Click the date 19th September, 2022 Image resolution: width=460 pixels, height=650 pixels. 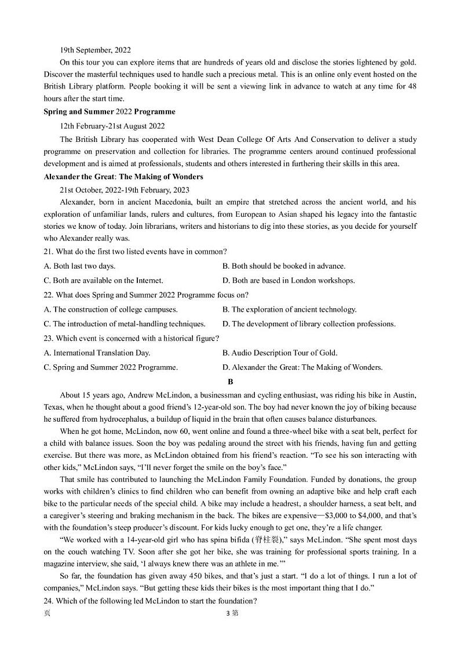[96, 50]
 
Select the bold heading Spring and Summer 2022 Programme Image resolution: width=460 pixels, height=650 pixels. [109, 111]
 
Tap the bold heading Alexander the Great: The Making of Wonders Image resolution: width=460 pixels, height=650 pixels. [123, 177]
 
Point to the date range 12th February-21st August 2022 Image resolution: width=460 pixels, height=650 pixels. [112, 126]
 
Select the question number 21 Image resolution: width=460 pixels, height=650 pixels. [49, 251]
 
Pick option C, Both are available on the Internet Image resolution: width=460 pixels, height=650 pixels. [104, 280]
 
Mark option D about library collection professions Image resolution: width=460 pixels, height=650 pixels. [309, 324]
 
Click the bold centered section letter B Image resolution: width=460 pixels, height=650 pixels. [230, 381]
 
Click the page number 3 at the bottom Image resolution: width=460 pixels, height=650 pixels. [228, 614]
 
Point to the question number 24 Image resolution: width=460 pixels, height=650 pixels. [49, 600]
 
